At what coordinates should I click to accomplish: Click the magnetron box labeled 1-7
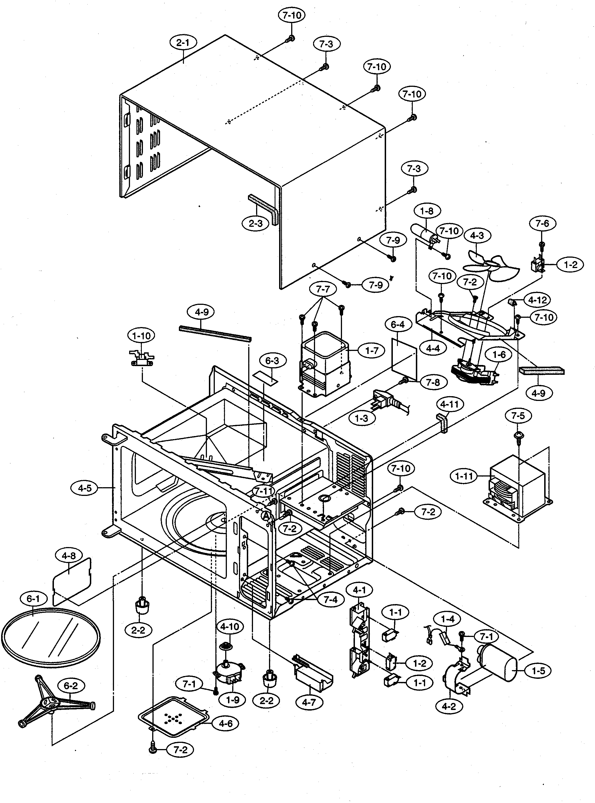tap(324, 364)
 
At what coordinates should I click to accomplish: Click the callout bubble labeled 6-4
tap(398, 325)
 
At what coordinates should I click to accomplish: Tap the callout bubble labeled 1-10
tap(141, 336)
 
